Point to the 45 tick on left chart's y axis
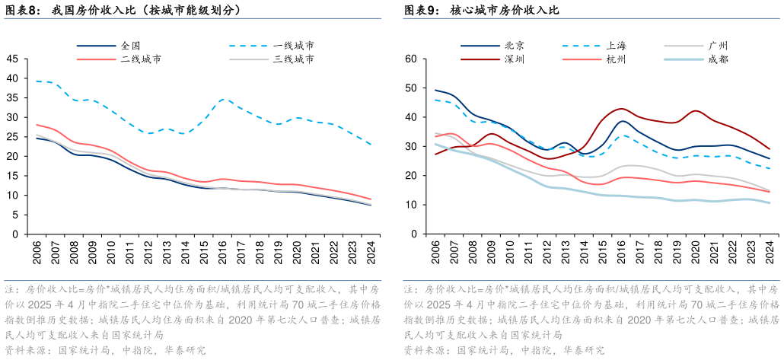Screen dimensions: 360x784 tap(13, 58)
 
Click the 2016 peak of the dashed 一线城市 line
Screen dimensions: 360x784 tap(221, 98)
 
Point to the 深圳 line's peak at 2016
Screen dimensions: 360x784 tap(621, 108)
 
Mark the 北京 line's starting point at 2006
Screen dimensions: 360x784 tap(435, 90)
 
